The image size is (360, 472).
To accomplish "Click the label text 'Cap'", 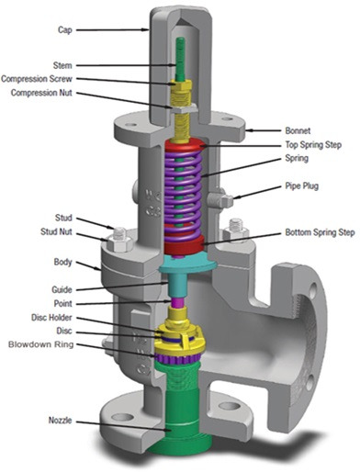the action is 65,30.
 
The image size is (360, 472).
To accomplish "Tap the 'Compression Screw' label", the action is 37,79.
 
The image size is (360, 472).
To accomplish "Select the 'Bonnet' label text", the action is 298,130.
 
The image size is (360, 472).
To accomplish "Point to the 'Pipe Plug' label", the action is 301,186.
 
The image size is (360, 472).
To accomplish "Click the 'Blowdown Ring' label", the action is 41,344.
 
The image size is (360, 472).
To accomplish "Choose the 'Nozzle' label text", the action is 60,421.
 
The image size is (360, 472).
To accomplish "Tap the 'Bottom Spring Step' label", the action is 320,232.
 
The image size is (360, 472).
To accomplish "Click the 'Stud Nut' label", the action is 56,231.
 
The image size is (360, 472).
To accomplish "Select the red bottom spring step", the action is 184,245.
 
